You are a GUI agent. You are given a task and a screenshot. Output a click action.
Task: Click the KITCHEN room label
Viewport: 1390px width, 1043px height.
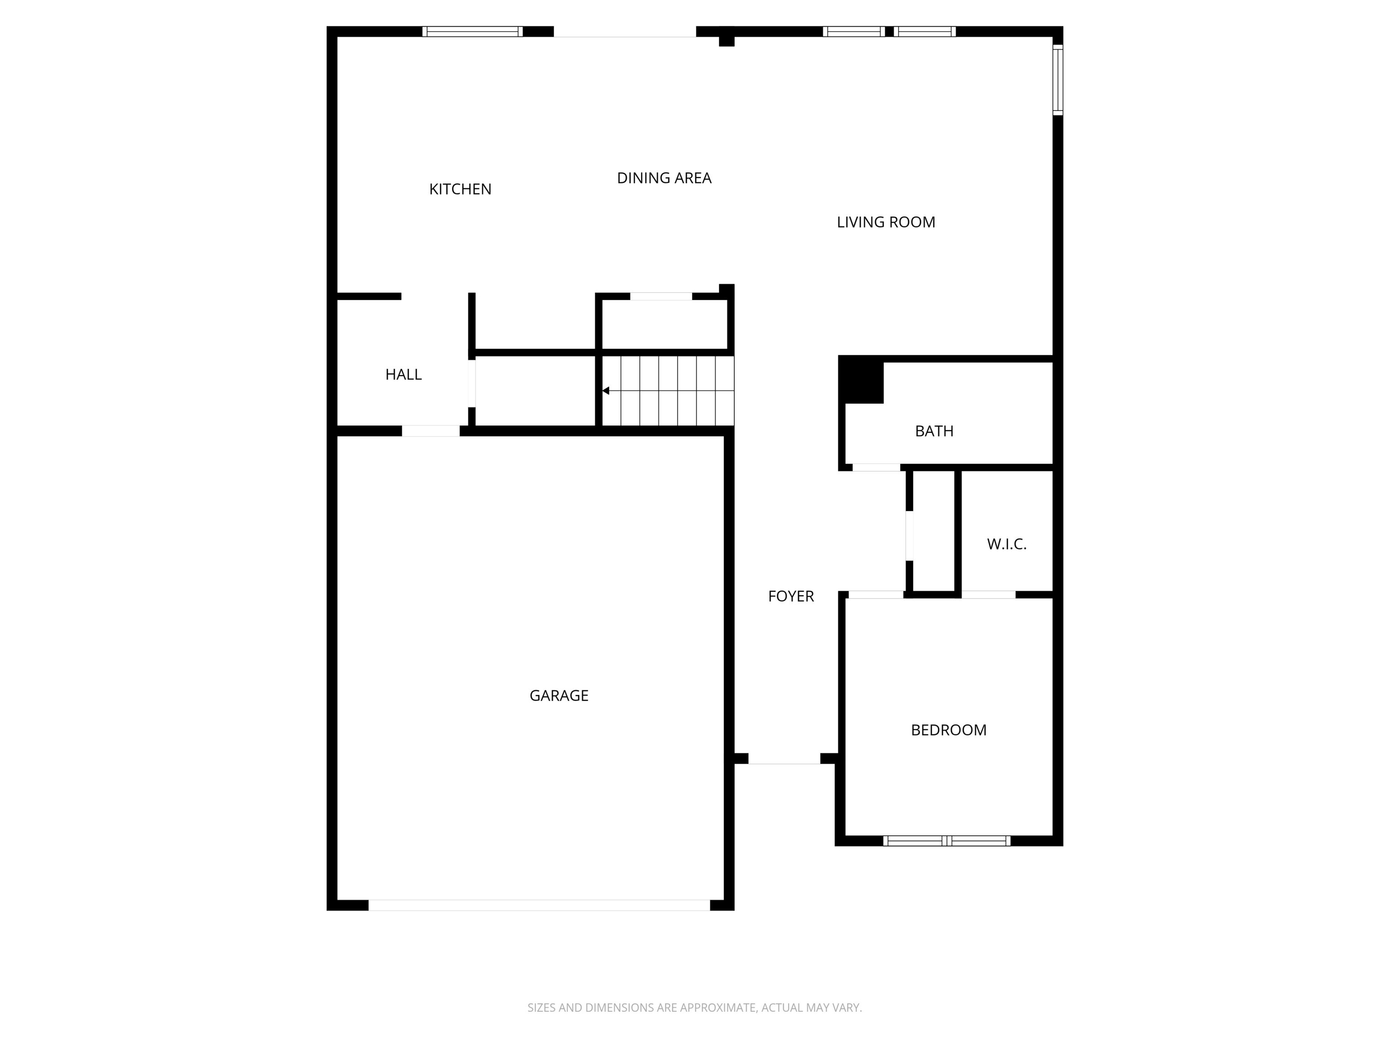pyautogui.click(x=460, y=189)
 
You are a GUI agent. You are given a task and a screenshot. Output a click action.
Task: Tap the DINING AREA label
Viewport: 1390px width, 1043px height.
pyautogui.click(x=664, y=178)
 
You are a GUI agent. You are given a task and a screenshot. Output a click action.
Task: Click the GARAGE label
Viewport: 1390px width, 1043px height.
pyautogui.click(x=559, y=695)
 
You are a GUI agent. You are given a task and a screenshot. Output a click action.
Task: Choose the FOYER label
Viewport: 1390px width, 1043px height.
pyautogui.click(x=790, y=597)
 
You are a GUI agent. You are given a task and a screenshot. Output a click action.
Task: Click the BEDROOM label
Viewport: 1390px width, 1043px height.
pyautogui.click(x=948, y=730)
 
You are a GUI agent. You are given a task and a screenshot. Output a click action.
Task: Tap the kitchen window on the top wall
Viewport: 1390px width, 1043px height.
pyautogui.click(x=472, y=31)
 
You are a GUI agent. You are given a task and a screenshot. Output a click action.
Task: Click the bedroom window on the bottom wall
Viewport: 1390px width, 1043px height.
pyautogui.click(x=947, y=841)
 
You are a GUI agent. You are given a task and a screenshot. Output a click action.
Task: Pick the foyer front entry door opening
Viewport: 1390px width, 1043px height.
pyautogui.click(x=784, y=759)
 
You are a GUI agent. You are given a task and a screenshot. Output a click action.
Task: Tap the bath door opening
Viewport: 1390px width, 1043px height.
pyautogui.click(x=876, y=467)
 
